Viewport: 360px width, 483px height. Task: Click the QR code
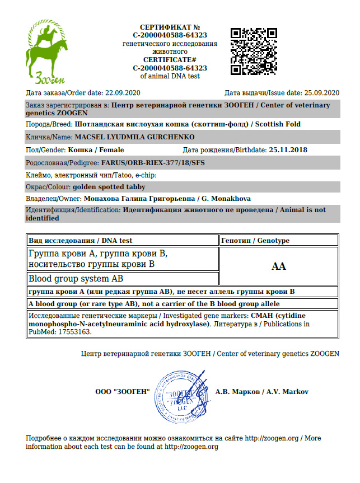254,51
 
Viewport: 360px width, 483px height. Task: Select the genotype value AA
278,266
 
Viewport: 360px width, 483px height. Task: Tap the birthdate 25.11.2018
288,150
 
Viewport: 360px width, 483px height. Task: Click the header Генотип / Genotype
255,241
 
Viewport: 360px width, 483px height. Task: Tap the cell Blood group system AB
76,278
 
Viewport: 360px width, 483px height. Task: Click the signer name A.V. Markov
288,392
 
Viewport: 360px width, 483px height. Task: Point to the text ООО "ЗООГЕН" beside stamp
123,392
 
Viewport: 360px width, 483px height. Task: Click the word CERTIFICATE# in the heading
169,59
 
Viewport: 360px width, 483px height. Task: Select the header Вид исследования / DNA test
81,241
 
